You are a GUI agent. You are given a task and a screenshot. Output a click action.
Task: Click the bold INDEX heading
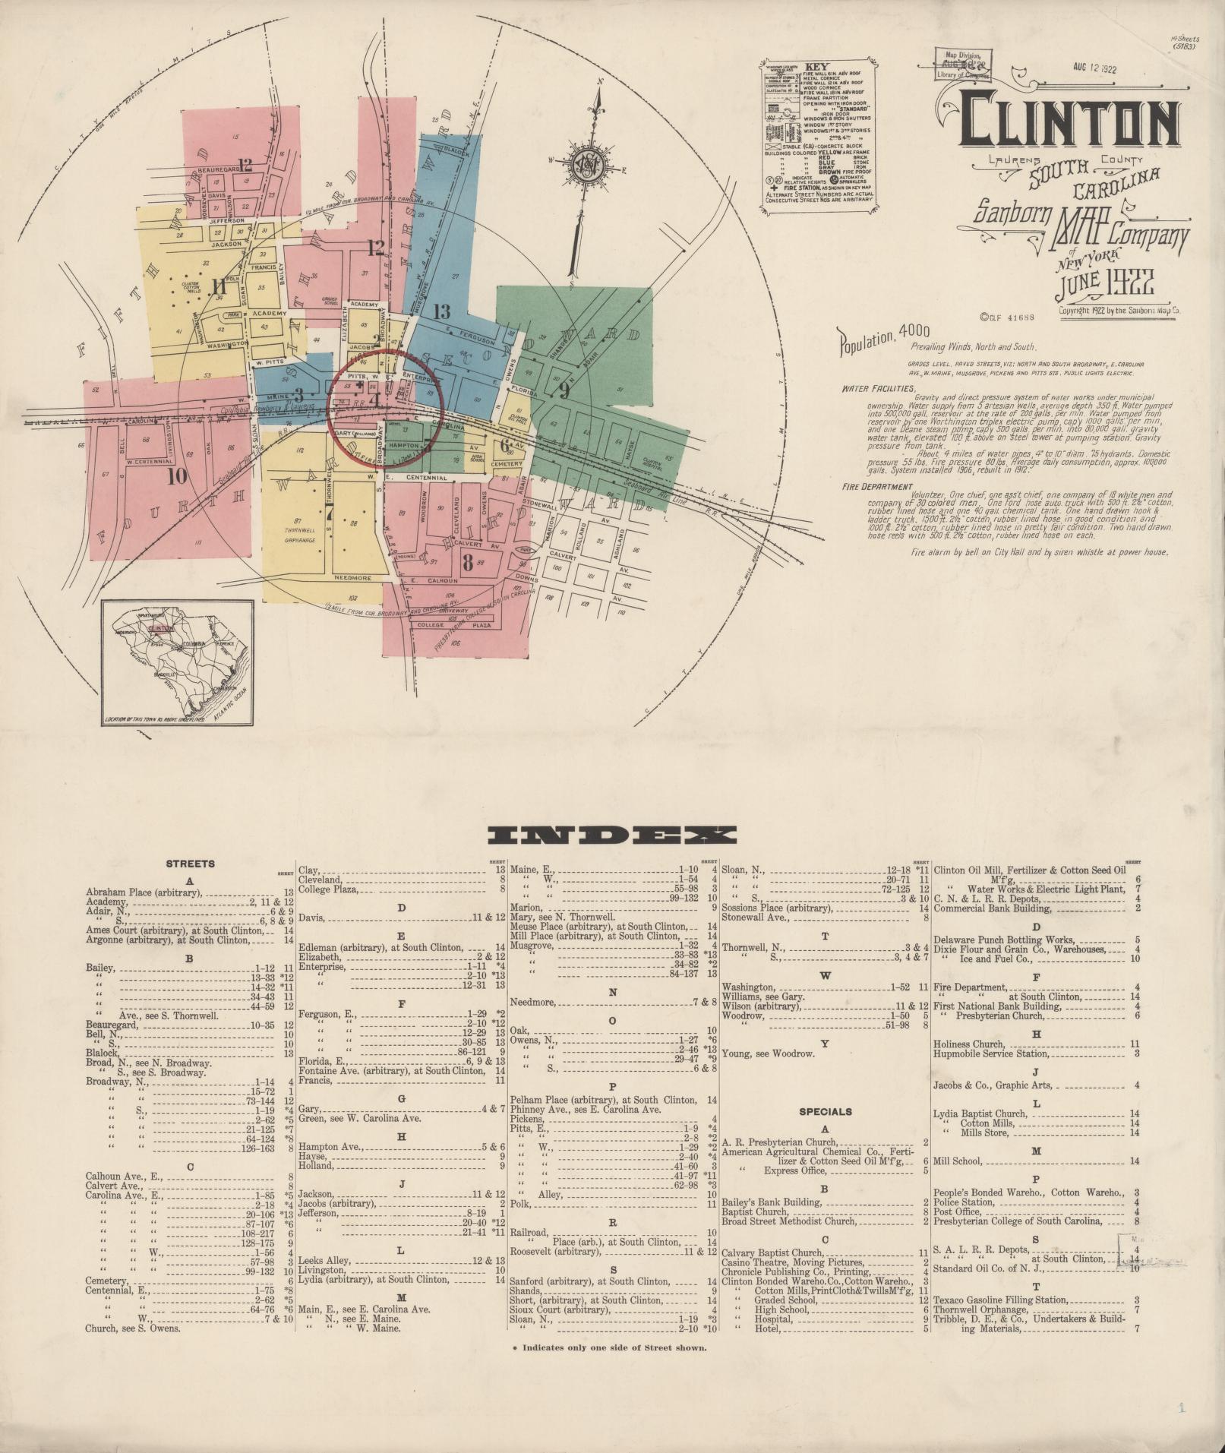611,836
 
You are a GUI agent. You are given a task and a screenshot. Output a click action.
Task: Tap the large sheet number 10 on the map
177,477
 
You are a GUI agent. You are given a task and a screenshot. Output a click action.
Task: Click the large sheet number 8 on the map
467,563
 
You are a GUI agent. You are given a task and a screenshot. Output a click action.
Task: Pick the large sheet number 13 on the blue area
441,311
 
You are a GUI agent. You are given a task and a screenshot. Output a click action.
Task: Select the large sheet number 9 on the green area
563,392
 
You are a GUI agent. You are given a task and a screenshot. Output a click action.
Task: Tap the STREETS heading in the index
190,864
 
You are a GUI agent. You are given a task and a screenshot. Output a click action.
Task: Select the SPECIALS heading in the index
826,1111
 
